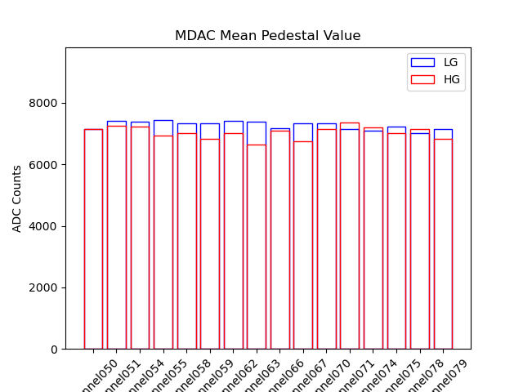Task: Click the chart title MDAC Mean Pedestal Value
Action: point(267,36)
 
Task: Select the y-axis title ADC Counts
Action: point(17,198)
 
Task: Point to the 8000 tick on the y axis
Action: point(48,103)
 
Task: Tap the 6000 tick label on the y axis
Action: point(48,165)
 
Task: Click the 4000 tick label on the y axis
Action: point(48,226)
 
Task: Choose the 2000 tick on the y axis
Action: point(48,287)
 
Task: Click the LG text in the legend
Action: point(451,63)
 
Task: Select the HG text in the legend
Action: point(452,79)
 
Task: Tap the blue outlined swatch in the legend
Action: point(422,63)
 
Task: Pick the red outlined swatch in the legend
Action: point(422,79)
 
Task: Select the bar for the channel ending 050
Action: point(93,245)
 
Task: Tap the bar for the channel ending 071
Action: point(350,245)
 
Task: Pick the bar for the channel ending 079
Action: point(443,245)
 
